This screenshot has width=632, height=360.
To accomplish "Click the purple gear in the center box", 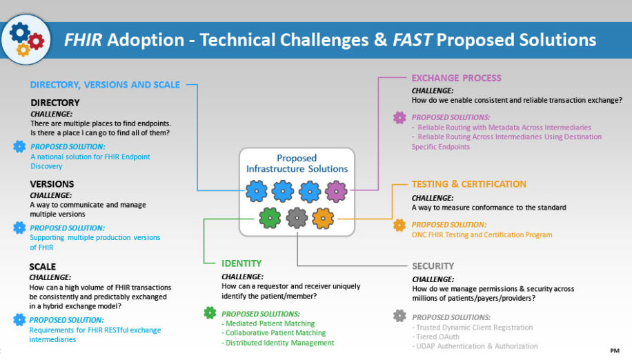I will click(336, 190).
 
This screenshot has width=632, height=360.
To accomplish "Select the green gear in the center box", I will click(270, 218).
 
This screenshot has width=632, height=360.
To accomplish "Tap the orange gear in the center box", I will click(323, 218).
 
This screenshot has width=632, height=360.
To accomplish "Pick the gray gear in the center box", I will click(297, 218).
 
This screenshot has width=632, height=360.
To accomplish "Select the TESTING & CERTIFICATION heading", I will click(468, 184).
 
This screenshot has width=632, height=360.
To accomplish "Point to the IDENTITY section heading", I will click(241, 263).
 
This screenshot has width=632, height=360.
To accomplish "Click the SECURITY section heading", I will click(433, 266).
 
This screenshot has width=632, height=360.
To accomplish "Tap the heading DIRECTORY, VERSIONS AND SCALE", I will click(105, 85).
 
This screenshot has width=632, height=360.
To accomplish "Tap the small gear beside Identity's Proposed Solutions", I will click(210, 313).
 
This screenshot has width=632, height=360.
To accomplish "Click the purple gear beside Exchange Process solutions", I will click(399, 118).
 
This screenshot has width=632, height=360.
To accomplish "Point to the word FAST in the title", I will click(413, 40).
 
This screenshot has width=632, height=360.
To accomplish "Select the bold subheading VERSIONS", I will click(52, 184).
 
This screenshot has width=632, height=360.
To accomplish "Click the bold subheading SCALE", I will click(43, 266).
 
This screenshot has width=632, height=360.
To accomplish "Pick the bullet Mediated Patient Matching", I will click(268, 323).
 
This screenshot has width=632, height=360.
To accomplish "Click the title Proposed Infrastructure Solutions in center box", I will click(297, 163).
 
